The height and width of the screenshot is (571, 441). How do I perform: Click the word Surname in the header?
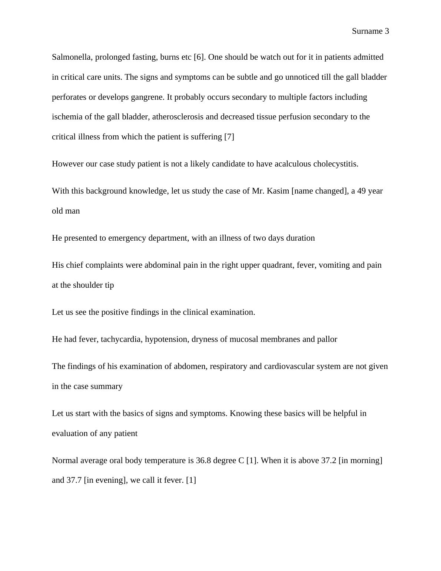[367, 31]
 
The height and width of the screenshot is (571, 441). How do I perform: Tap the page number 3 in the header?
[387, 31]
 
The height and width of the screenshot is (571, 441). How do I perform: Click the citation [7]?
[229, 137]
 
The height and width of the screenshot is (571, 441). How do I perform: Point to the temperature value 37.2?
[328, 461]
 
